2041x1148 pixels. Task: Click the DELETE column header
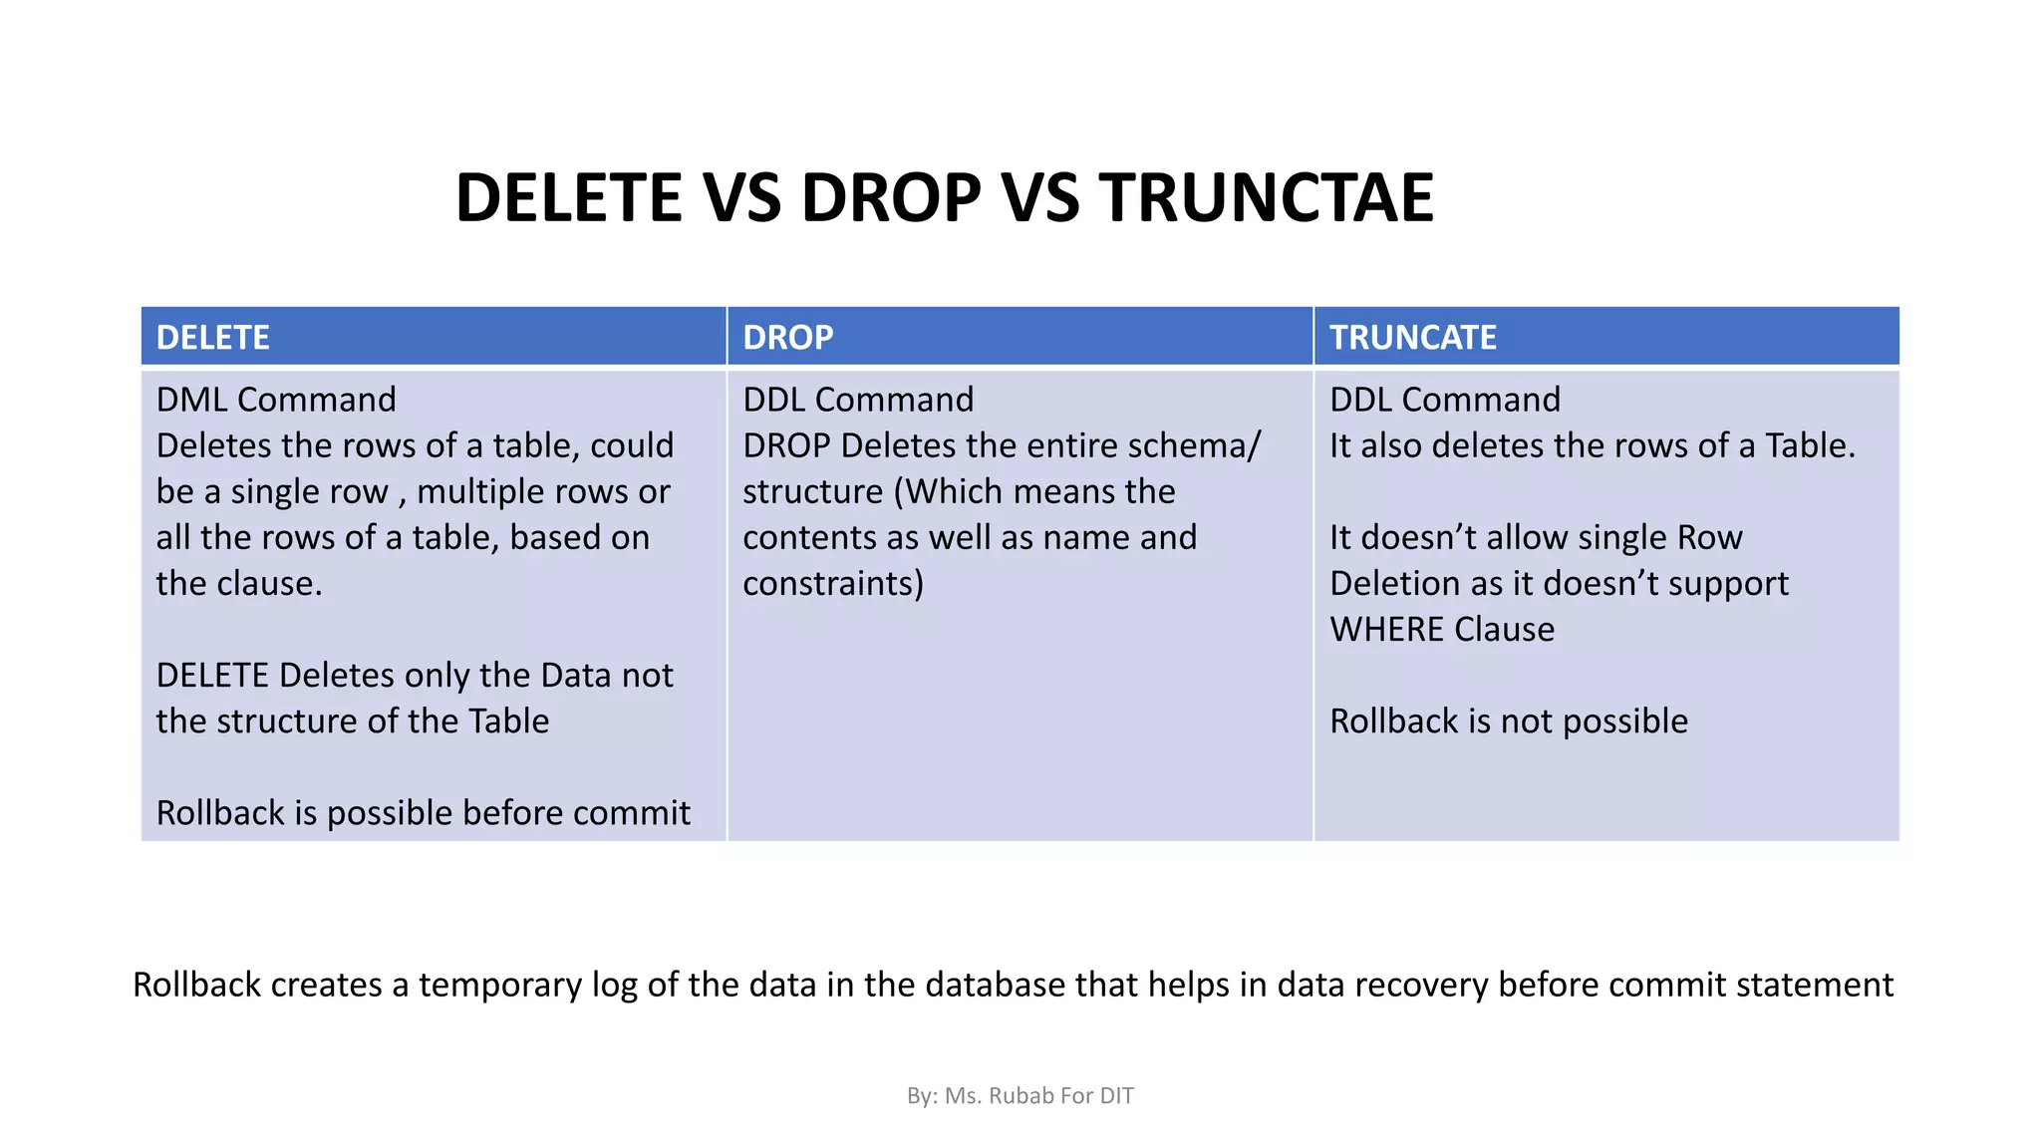(212, 338)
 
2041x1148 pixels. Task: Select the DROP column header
(787, 338)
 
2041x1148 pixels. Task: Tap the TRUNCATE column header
(1412, 338)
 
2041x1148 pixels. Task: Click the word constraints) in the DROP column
(833, 583)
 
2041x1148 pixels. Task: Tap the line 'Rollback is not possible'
(1508, 721)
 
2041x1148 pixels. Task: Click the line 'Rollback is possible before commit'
(423, 813)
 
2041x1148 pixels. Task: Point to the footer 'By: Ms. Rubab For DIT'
(1020, 1096)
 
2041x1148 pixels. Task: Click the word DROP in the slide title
(890, 197)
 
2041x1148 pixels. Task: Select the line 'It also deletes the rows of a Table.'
(1592, 445)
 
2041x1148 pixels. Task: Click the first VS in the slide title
(741, 197)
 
